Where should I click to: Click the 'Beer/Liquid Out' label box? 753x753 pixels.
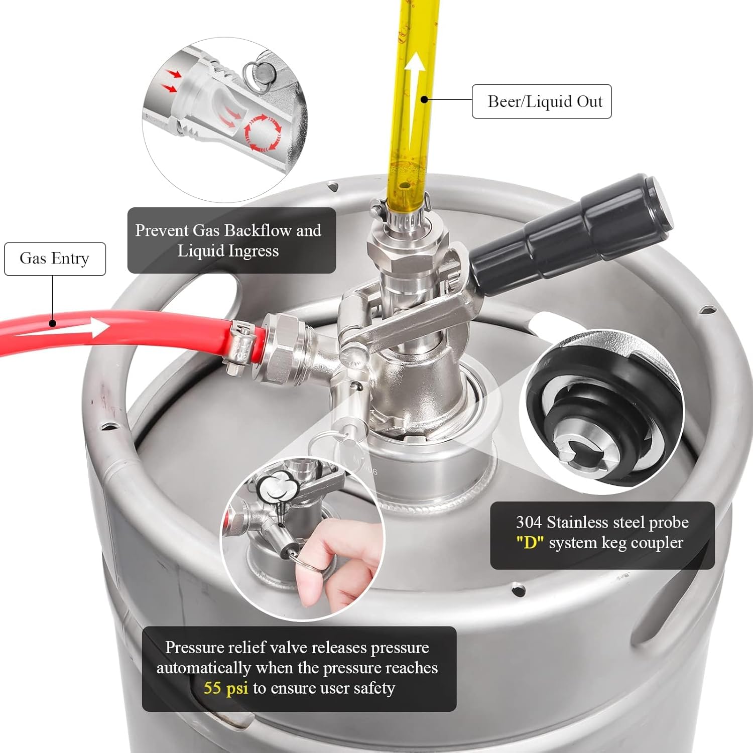pyautogui.click(x=542, y=101)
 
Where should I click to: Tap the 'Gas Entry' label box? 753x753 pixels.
pyautogui.click(x=55, y=259)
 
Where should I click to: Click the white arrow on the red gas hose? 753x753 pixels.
pyautogui.click(x=95, y=329)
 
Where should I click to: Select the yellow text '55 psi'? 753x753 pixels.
pyautogui.click(x=225, y=688)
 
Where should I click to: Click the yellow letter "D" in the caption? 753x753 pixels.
pyautogui.click(x=530, y=543)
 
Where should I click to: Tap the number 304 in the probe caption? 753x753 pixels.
pyautogui.click(x=529, y=523)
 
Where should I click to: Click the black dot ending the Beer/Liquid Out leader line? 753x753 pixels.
pyautogui.click(x=424, y=99)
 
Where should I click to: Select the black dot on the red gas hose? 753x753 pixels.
pyautogui.click(x=53, y=323)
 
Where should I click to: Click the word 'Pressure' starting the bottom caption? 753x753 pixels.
pyautogui.click(x=195, y=648)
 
